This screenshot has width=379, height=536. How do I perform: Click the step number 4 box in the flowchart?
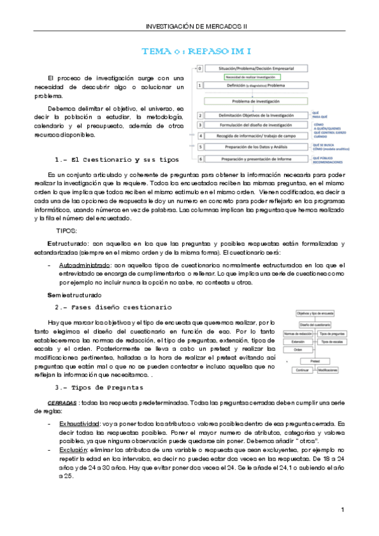click(200, 135)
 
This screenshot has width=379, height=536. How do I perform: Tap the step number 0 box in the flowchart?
click(200, 68)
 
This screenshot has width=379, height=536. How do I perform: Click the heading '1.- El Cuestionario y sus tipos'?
click(116, 159)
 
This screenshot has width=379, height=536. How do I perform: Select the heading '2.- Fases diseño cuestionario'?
click(113, 307)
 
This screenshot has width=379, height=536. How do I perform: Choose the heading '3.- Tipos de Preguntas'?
click(99, 387)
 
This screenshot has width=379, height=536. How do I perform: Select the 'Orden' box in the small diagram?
click(297, 349)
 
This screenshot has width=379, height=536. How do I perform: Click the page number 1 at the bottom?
click(342, 509)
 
